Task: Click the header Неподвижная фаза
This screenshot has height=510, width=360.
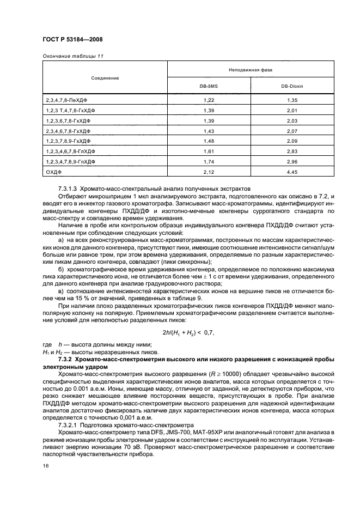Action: tap(251, 70)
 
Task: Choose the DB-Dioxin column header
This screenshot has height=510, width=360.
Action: tap(292, 87)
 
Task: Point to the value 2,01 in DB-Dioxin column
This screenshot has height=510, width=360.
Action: tap(292, 111)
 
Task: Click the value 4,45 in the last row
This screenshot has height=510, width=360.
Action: tap(292, 172)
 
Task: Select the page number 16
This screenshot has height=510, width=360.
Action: tap(46, 465)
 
